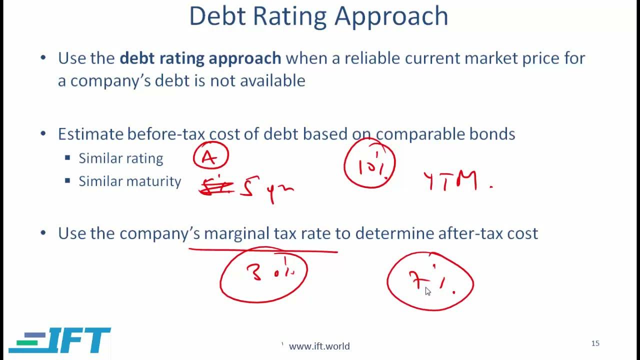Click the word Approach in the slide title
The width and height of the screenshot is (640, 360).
coord(391,17)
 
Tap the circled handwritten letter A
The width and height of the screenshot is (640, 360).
coord(210,157)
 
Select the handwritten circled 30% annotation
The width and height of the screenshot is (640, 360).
coord(263,274)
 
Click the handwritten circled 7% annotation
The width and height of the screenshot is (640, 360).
coord(429,282)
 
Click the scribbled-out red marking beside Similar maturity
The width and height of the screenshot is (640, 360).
coord(215,187)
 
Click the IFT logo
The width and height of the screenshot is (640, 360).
coord(60,341)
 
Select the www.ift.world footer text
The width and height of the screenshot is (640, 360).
coord(319,346)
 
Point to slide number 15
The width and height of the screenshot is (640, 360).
coord(595,343)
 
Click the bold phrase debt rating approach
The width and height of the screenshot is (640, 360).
coord(200,58)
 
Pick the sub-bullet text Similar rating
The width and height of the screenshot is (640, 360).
coord(120,158)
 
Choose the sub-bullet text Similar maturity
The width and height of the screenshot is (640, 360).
coord(129,181)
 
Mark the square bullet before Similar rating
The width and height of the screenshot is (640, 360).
coord(67,158)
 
